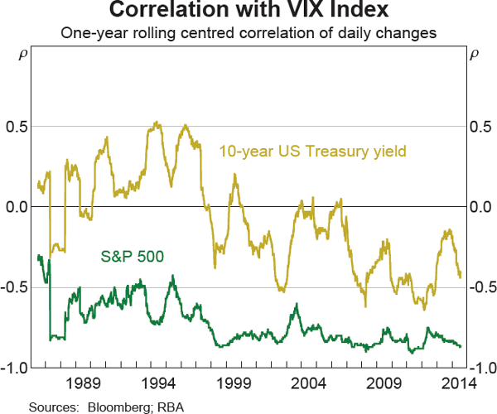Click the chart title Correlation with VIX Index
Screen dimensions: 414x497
(x=248, y=12)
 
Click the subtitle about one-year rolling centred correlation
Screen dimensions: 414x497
(x=248, y=33)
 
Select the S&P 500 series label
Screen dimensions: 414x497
(x=132, y=254)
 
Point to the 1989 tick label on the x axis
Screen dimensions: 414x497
(x=85, y=383)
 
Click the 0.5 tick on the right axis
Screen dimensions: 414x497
(x=480, y=126)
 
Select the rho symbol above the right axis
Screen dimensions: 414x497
(x=474, y=56)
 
